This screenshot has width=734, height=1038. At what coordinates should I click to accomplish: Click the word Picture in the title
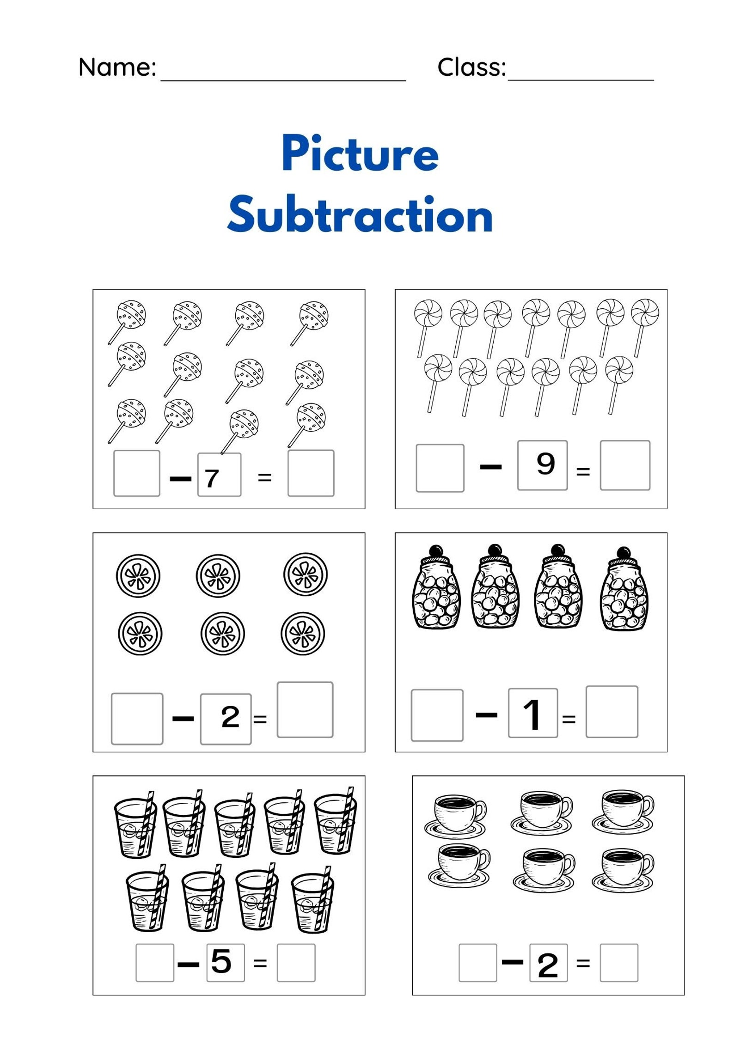point(360,154)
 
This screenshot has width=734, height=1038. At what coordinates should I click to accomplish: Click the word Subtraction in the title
point(360,215)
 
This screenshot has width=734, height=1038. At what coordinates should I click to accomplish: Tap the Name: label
point(117,67)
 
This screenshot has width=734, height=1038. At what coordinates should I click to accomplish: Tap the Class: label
point(471,67)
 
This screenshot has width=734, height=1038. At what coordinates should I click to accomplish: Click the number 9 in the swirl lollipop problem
point(545,464)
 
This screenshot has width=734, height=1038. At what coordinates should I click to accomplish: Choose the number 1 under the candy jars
point(532,714)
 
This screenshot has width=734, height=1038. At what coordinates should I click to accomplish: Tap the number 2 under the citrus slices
point(230,717)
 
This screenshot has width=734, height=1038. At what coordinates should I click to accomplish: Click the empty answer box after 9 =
point(625,465)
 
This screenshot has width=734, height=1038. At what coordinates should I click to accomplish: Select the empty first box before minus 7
point(137,474)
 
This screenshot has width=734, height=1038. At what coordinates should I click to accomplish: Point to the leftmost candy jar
point(436,589)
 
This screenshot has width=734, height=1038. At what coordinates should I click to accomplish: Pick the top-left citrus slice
point(138,576)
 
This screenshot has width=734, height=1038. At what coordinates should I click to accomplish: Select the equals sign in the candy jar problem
point(569,719)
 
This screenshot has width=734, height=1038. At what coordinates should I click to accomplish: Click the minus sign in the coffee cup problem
point(513,962)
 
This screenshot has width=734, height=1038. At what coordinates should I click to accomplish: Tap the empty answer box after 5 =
point(296,963)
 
